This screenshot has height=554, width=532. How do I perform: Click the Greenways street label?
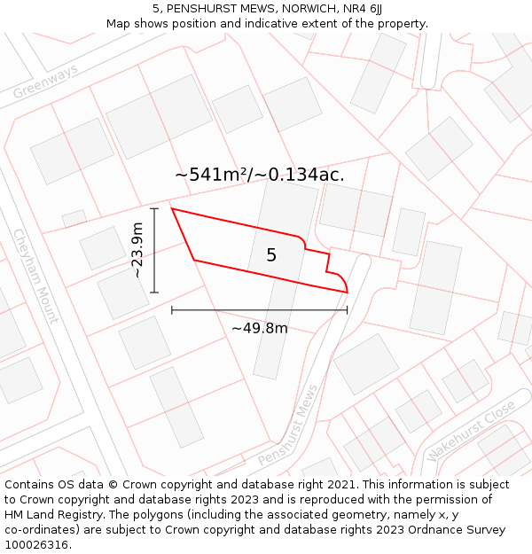(45, 82)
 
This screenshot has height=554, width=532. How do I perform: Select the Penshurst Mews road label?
(288, 426)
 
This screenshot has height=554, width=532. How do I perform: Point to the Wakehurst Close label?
(470, 430)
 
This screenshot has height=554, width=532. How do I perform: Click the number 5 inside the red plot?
(271, 255)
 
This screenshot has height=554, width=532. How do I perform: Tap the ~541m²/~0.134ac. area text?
(260, 175)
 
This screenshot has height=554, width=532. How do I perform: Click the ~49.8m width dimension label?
(259, 328)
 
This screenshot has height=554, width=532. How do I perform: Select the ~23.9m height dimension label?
(137, 250)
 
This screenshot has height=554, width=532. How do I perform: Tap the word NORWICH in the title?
(297, 9)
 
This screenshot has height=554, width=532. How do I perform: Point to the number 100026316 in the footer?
(35, 545)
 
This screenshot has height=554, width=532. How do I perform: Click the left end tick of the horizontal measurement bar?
(172, 310)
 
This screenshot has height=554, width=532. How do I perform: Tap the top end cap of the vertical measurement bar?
(154, 209)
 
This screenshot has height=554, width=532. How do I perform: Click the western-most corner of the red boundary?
(171, 209)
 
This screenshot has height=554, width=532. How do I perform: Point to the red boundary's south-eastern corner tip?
(347, 292)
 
